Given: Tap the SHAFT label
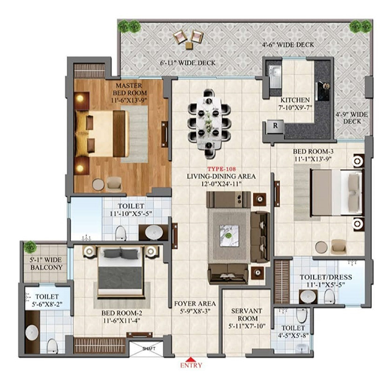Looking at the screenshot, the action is click(x=149, y=348).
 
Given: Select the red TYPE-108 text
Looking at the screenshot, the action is click(x=222, y=169).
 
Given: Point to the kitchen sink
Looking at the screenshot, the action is click(x=275, y=77).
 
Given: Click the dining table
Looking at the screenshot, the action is click(x=210, y=123).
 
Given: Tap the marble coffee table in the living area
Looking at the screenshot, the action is click(x=229, y=236).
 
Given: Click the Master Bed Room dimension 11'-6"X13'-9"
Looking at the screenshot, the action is click(x=129, y=101).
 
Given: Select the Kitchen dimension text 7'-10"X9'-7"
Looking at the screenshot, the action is click(x=295, y=108).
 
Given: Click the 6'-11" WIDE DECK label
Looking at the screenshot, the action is click(x=188, y=63).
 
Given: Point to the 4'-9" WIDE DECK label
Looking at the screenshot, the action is click(x=351, y=118).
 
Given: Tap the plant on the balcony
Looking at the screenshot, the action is click(x=30, y=247).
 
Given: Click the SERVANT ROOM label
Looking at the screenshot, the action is click(x=247, y=314).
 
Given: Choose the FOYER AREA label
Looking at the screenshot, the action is click(x=195, y=304).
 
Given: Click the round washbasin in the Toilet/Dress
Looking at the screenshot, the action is click(x=308, y=296).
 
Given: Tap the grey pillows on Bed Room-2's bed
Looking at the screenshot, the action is click(x=120, y=253).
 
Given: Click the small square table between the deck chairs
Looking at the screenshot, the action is click(x=190, y=46).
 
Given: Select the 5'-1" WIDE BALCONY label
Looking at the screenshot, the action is click(x=46, y=263).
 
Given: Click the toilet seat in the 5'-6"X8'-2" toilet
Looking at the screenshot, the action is click(x=52, y=346).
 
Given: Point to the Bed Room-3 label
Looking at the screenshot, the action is click(x=313, y=151).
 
